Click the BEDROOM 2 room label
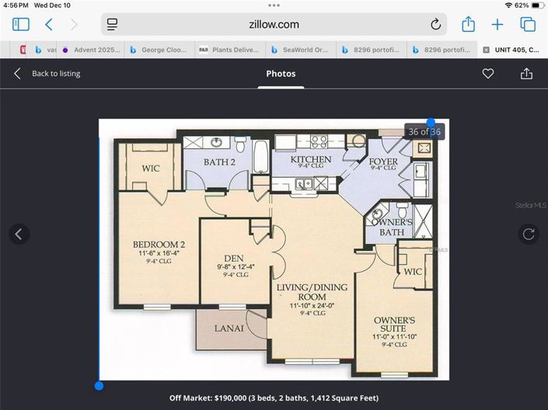(159, 244)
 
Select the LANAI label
(229, 328)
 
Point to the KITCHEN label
(311, 159)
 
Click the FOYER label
(383, 162)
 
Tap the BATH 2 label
(219, 162)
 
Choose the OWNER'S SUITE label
(394, 325)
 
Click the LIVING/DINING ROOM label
(312, 293)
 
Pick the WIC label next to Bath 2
(151, 169)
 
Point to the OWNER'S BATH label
(391, 227)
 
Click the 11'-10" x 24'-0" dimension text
(312, 306)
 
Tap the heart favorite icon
(488, 74)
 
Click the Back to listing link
(55, 74)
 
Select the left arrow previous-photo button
(19, 234)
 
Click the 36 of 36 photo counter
(424, 132)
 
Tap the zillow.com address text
(274, 24)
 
